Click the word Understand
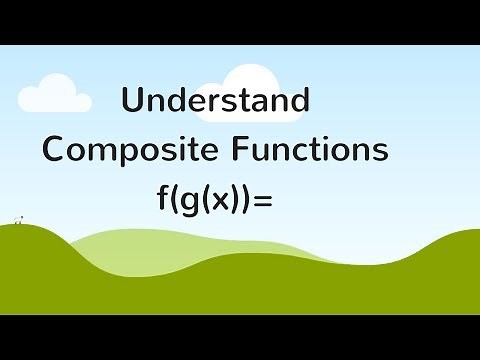(215, 102)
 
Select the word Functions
(311, 150)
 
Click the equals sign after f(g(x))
(263, 198)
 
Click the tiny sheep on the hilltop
(16, 219)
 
